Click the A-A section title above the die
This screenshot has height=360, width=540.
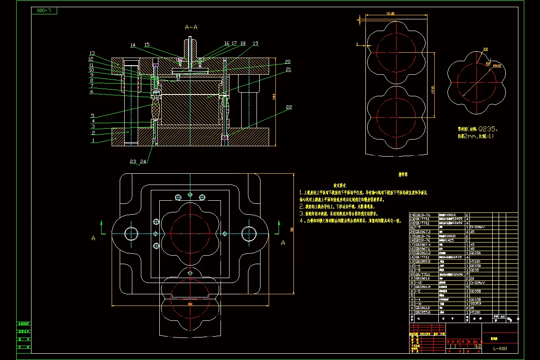click(x=191, y=27)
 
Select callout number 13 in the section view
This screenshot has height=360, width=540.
click(x=92, y=53)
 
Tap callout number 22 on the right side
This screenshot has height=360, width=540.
click(x=289, y=107)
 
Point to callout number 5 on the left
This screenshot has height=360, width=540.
click(x=93, y=115)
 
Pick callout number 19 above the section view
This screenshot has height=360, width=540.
click(x=256, y=44)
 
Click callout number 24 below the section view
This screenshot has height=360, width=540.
click(x=144, y=161)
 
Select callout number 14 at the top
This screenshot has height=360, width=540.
click(x=133, y=45)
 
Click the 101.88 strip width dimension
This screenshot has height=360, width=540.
click(x=390, y=13)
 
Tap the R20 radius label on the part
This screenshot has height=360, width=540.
click(x=486, y=49)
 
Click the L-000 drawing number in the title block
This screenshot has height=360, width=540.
click(x=499, y=348)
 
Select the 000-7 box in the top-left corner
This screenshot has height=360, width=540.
click(x=44, y=10)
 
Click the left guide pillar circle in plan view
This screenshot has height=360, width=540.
click(x=131, y=234)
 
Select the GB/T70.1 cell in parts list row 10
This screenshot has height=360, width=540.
click(x=422, y=274)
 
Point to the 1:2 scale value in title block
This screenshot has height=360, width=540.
click(x=478, y=346)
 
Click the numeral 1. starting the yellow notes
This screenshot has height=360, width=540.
click(x=302, y=192)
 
